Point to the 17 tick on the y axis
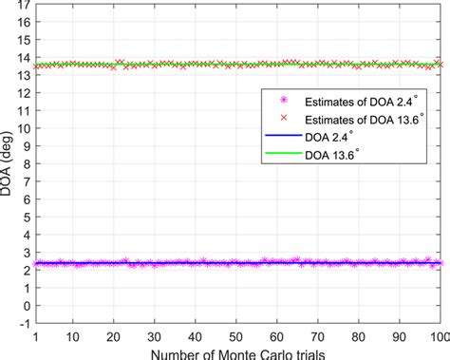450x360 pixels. [24, 4]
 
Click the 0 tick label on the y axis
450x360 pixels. [25, 302]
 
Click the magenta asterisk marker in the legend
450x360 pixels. [280, 100]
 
